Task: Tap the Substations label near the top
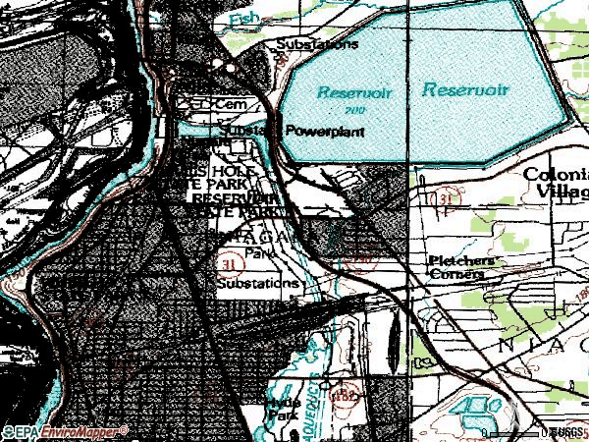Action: [x=317, y=45]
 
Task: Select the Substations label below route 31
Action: [x=256, y=283]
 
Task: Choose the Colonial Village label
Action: [x=555, y=183]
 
